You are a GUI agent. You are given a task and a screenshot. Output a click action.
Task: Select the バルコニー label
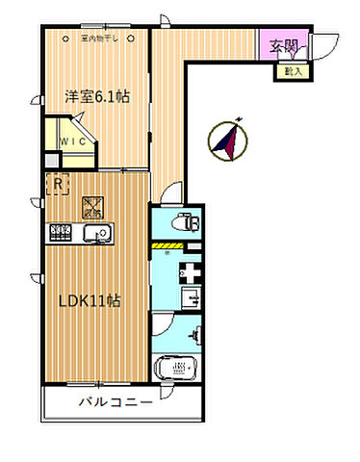pyautogui.click(x=116, y=402)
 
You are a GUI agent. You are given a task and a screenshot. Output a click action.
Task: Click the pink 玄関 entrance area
pyautogui.click(x=284, y=45)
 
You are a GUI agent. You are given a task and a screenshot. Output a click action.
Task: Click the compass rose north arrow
pyautogui.click(x=227, y=141)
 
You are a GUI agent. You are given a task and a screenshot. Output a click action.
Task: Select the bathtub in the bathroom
pyautogui.click(x=176, y=367)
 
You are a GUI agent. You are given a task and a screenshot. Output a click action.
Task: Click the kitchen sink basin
pyautogui.click(x=96, y=234)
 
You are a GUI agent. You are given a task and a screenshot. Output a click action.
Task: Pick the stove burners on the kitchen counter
pyautogui.click(x=62, y=233)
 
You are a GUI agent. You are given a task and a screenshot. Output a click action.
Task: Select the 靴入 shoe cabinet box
pyautogui.click(x=291, y=70)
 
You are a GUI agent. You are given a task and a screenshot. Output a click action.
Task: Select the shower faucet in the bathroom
pyautogui.click(x=196, y=333)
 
